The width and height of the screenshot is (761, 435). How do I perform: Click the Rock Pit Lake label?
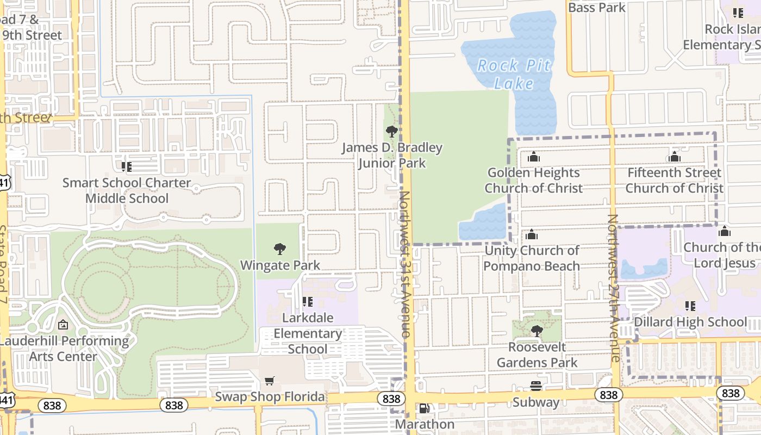[514, 74]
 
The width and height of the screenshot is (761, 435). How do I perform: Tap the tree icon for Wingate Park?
[280, 250]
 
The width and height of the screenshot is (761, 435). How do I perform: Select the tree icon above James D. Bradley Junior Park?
[391, 131]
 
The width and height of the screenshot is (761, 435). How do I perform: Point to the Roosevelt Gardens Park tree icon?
[537, 331]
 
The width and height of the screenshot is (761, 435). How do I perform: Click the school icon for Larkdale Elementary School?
[308, 301]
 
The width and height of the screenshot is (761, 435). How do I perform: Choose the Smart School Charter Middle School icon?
[127, 166]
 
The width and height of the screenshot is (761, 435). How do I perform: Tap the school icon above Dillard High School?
[690, 306]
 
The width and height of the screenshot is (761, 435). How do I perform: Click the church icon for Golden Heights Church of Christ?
[533, 157]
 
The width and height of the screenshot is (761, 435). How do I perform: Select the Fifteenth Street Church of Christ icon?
[674, 157]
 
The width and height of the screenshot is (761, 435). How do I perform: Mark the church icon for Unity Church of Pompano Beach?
[532, 235]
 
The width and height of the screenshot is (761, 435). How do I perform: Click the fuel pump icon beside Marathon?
[424, 408]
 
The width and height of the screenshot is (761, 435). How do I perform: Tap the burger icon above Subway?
[536, 386]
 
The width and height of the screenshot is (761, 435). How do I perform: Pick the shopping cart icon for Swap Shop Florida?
[270, 381]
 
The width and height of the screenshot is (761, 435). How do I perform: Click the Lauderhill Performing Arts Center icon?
[63, 325]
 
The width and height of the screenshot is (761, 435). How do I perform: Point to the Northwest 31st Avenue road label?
[405, 264]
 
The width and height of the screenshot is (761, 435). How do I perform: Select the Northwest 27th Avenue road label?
[613, 288]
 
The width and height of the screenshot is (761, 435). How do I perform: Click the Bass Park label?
[597, 8]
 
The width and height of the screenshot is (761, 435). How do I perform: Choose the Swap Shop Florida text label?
[270, 396]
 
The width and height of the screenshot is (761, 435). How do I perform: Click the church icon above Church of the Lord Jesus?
[724, 232]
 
